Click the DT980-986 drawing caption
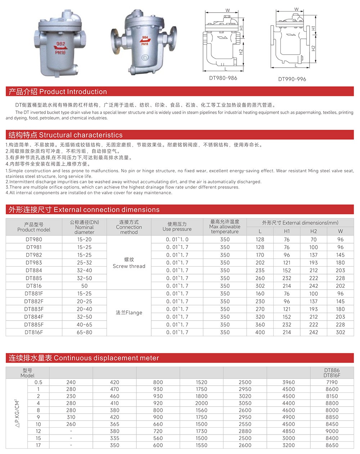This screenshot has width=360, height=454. [223, 78]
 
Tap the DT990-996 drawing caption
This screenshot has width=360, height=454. [292, 79]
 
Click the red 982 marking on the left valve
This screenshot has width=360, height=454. [61, 44]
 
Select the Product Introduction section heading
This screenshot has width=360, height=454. [58, 92]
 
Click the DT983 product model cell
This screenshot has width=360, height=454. [34, 263]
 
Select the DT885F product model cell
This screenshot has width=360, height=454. [34, 324]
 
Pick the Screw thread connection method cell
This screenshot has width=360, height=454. [129, 263]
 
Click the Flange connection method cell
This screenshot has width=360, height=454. [129, 313]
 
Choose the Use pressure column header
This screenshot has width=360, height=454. [177, 227]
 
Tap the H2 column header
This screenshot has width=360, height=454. [314, 231]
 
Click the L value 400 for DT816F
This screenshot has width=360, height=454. [260, 332]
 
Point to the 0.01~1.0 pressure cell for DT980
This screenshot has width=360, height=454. [177, 239]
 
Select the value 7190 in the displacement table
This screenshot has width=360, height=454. [332, 382]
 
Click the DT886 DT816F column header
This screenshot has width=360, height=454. [332, 373]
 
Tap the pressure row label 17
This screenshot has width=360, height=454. [38, 445]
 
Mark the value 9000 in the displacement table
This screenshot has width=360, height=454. [332, 431]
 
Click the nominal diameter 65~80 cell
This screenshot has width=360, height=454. [84, 332]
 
